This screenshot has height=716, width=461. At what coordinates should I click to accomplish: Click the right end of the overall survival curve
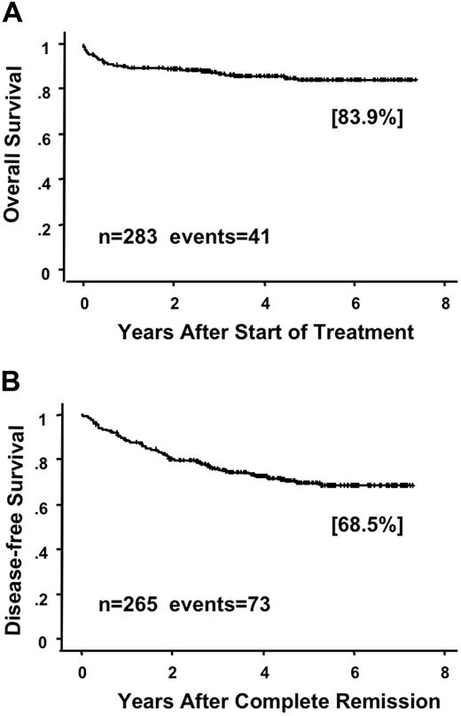tap(416, 80)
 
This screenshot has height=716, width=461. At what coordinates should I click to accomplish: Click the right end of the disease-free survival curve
tap(413, 485)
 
